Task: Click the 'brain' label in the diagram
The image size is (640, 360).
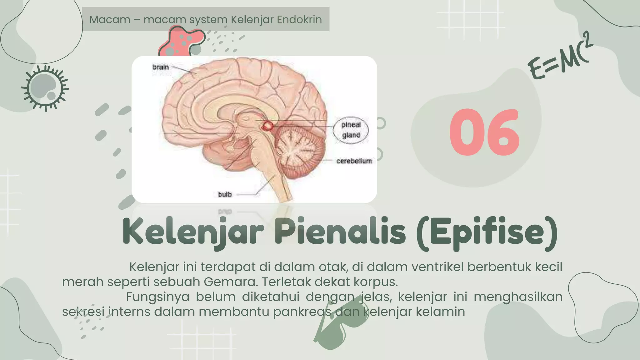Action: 161,67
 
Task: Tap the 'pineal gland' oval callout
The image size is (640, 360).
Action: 351,130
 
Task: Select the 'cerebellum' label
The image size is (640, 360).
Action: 354,161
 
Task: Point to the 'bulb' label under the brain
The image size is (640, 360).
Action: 225,194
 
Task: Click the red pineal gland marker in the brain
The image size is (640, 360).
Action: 267,126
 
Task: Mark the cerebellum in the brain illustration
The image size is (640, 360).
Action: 298,150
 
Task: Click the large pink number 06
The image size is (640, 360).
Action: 484,132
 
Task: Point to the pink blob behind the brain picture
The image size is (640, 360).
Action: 181,41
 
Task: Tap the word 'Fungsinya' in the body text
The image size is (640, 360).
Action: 157,297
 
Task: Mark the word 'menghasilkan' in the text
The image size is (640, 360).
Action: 518,297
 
